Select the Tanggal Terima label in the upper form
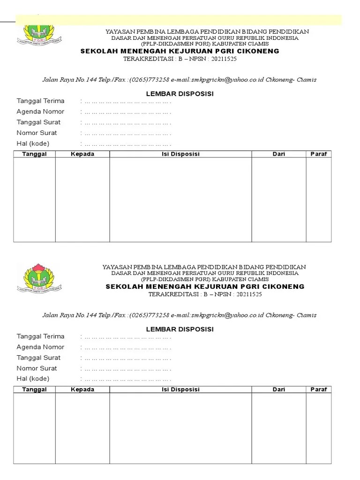point(41,101)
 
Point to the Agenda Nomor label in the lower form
point(41,347)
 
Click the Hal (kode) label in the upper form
point(33,143)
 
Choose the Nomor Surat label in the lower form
point(37,368)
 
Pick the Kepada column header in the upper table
point(82,154)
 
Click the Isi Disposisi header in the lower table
point(180,390)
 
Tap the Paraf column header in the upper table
point(318,154)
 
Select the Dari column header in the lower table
point(279,390)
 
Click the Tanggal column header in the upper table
point(34,154)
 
